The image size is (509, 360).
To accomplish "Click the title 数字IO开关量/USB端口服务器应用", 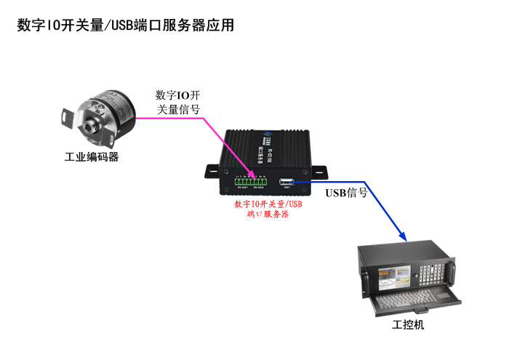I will (126, 25).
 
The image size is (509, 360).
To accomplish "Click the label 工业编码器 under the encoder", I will (92, 156).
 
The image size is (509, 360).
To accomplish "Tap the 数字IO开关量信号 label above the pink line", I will (177, 103).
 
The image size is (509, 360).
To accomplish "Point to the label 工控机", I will (408, 325).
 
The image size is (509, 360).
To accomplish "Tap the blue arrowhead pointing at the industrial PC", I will (403, 236).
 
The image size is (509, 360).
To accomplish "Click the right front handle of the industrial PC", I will (452, 270).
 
